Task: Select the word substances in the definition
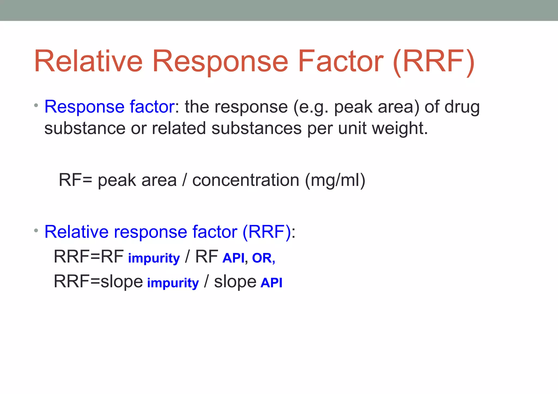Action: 256,128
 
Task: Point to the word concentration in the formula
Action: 245,180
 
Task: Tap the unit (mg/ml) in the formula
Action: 335,181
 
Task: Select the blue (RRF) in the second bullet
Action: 266,232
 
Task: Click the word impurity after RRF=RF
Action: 154,258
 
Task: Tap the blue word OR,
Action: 263,258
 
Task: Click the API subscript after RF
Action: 233,258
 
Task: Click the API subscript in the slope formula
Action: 271,283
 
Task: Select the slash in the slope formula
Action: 206,281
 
